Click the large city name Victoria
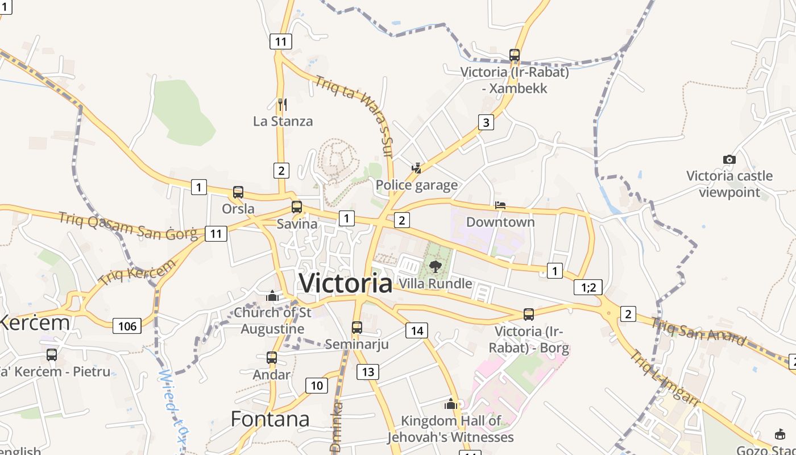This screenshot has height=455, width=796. point(346,283)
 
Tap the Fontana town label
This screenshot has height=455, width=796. point(270,419)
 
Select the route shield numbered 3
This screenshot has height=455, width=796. point(486,122)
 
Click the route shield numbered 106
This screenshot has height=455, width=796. point(127,326)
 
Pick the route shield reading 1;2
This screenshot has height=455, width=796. point(588,287)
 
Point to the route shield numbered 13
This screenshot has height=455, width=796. point(368,372)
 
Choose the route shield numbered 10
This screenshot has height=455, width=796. point(317,386)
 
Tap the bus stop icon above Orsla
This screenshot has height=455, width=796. point(238,192)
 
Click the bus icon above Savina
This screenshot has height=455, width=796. point(297,207)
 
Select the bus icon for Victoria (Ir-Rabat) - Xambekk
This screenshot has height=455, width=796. point(515,55)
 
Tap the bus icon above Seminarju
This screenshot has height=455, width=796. point(357,328)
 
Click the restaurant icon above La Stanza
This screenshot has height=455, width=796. point(282,104)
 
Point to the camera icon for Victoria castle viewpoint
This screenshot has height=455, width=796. point(729,159)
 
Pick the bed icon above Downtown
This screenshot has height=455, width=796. point(500,205)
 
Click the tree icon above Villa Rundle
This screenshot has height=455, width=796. point(436,266)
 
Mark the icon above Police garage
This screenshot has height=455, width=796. point(417,168)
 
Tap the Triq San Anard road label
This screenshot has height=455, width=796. point(699,332)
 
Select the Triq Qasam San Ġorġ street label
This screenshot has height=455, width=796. point(128,225)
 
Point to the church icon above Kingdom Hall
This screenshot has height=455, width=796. point(451,404)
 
